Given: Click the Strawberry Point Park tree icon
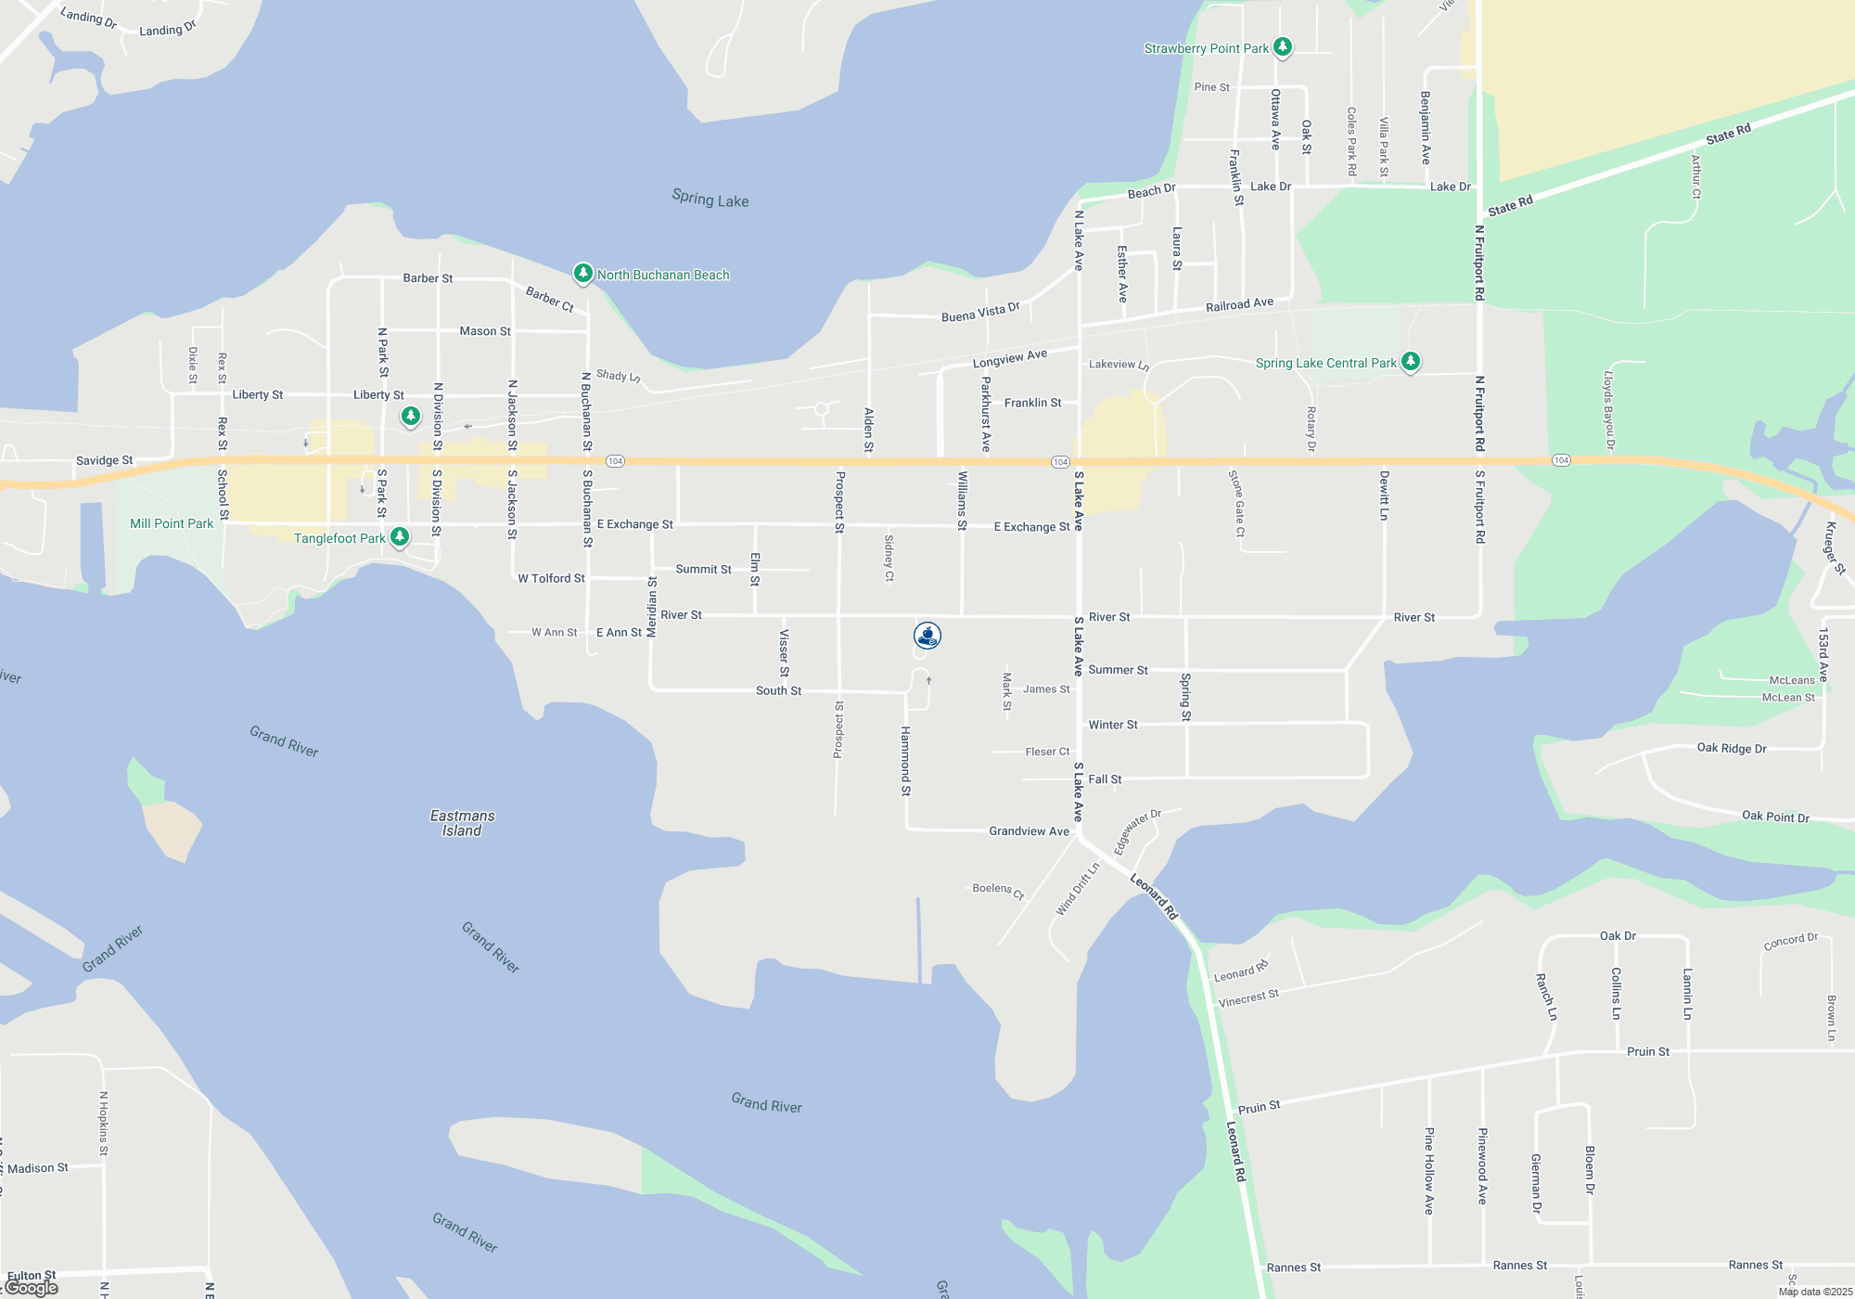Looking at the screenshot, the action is tap(1283, 46).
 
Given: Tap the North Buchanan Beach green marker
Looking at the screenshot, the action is tap(582, 273).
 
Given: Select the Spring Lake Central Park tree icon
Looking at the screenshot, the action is tap(1410, 361).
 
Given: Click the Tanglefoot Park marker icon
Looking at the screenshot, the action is tap(400, 536).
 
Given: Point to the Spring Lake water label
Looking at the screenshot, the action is tap(710, 199).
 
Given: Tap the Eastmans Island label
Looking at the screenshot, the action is tap(462, 823).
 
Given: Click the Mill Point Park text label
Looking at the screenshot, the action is tap(172, 523).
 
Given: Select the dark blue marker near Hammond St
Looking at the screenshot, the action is tap(927, 636).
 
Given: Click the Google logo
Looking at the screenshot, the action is tap(32, 1288).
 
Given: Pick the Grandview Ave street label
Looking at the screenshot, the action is tap(1029, 831).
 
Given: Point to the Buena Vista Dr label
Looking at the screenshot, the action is tap(980, 313).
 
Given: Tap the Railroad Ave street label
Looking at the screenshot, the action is tap(1239, 304).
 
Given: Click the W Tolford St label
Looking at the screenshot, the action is tap(551, 578).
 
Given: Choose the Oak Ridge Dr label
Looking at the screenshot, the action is tap(1731, 748).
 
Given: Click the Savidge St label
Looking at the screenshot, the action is tap(104, 460).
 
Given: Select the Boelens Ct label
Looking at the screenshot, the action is tap(998, 891).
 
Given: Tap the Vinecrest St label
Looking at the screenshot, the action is tap(1248, 998).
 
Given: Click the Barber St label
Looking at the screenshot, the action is tap(428, 278).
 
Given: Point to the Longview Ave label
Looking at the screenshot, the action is tap(1010, 358).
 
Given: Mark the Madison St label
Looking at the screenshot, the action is tap(38, 1168).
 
